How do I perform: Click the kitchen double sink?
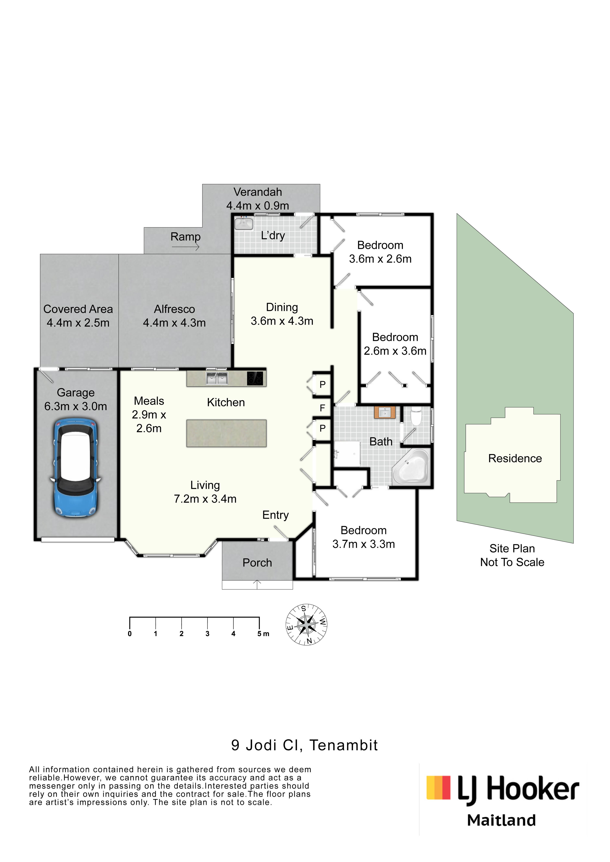[x=217, y=378]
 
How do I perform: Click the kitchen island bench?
[x=227, y=433]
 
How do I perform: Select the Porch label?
[x=257, y=563]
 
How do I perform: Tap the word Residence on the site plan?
[x=515, y=458]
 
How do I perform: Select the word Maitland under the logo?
[x=501, y=820]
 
